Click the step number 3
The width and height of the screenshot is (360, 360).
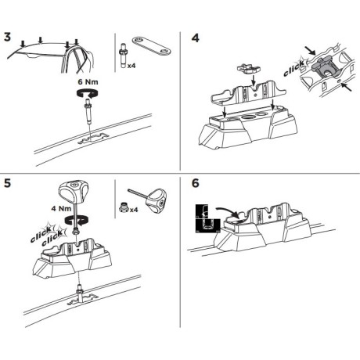[x=8, y=37]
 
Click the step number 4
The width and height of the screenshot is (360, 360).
[x=195, y=38]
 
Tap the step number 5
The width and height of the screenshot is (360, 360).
[x=8, y=183]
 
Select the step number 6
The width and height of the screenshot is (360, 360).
[x=195, y=183]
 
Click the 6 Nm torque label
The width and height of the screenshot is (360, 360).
[x=88, y=82]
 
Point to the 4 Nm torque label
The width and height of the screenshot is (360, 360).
[x=61, y=208]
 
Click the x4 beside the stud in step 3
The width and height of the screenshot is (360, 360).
[x=131, y=66]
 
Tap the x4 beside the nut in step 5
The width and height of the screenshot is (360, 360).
[x=134, y=210]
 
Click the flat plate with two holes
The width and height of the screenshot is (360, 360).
[x=152, y=45]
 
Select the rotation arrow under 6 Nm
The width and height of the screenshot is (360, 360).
[x=87, y=93]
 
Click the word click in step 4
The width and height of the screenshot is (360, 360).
[x=294, y=68]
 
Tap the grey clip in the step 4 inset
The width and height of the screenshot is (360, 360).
[x=322, y=67]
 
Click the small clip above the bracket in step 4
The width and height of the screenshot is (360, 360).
[x=249, y=69]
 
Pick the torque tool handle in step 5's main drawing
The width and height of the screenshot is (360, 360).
[x=74, y=190]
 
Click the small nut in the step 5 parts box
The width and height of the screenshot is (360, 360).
[x=124, y=207]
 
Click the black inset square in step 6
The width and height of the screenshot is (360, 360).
[x=208, y=218]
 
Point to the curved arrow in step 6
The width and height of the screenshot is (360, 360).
[x=228, y=211]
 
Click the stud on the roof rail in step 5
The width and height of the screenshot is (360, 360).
[x=79, y=294]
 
